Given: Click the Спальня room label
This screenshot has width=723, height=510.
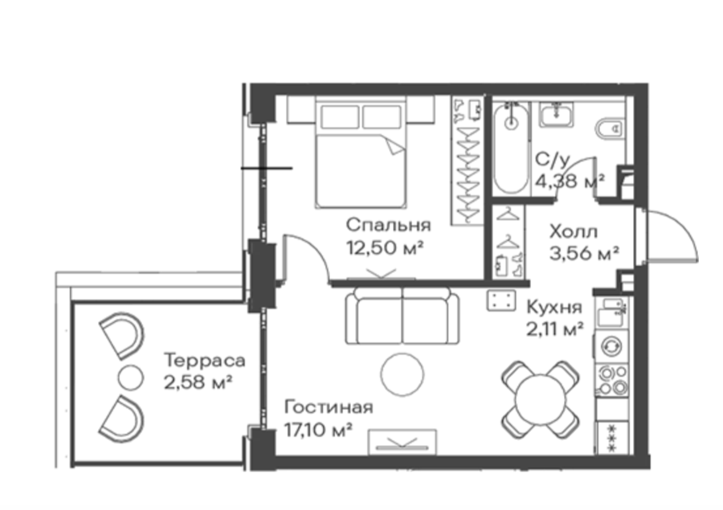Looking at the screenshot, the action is coord(388,225).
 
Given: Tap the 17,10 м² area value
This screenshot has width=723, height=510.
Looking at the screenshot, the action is coord(319,430).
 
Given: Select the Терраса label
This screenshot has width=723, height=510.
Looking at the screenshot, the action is coord(205,360).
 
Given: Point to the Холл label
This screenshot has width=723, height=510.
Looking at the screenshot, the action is coord(573,231).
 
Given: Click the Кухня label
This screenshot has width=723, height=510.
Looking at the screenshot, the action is coord(554,307).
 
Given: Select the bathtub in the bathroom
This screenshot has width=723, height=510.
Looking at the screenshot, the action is coord(511,148).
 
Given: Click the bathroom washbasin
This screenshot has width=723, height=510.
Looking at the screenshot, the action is coord(557,114).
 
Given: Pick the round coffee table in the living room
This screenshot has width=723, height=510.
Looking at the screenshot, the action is coord(402,374).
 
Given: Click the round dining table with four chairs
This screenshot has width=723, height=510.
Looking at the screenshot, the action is coord(541,399).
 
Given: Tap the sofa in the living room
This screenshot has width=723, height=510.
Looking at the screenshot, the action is coord(402,316).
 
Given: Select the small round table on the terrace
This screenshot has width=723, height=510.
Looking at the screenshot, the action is coord(130,377).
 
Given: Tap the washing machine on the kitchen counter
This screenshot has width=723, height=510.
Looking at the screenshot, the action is coord(612,345).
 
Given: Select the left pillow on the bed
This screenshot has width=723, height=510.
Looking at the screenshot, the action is coord(340,117).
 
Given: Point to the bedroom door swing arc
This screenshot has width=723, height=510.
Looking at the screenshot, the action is coord(315,247).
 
